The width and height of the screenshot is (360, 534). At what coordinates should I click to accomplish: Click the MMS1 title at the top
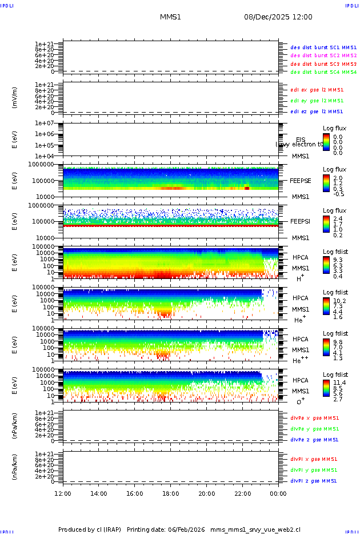click(170, 17)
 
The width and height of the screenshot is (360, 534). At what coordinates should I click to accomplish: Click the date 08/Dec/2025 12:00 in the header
click(278, 17)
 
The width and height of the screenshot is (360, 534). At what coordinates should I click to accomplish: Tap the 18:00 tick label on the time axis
click(170, 493)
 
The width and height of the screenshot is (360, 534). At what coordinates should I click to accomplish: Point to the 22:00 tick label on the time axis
click(242, 493)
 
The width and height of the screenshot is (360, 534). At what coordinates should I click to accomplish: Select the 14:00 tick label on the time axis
click(99, 493)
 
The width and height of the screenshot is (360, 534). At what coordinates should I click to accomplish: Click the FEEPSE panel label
click(301, 181)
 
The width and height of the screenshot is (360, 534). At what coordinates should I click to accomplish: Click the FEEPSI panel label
click(301, 221)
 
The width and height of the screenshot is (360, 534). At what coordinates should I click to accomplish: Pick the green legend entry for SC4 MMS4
click(323, 73)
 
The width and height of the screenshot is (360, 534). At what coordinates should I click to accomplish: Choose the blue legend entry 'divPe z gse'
click(314, 440)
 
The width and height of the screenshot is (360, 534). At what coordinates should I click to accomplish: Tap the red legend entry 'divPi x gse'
click(314, 459)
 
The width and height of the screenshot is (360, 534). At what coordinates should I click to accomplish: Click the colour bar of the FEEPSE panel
click(326, 182)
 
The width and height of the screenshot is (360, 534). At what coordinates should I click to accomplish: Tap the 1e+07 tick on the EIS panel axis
click(45, 123)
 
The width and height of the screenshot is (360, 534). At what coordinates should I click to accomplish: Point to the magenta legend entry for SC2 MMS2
click(323, 55)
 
